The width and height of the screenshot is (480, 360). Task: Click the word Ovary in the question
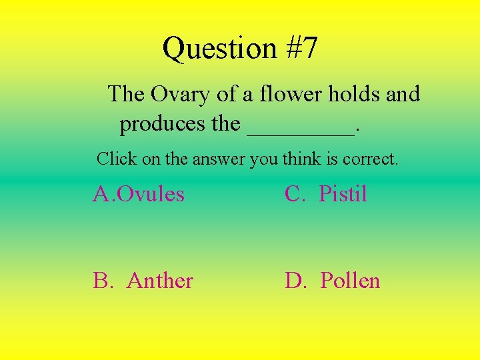(x=180, y=95)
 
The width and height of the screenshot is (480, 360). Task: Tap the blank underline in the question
(x=300, y=132)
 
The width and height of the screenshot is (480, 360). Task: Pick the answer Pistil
(x=343, y=194)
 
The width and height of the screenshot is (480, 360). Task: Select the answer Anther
(x=160, y=281)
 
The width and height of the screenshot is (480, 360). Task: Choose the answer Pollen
(x=350, y=281)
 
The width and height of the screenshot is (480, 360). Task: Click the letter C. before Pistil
(x=293, y=194)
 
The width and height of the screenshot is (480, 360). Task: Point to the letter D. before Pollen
(x=294, y=281)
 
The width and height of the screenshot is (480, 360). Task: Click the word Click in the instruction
(x=114, y=159)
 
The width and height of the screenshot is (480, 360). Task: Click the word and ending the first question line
(x=403, y=94)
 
